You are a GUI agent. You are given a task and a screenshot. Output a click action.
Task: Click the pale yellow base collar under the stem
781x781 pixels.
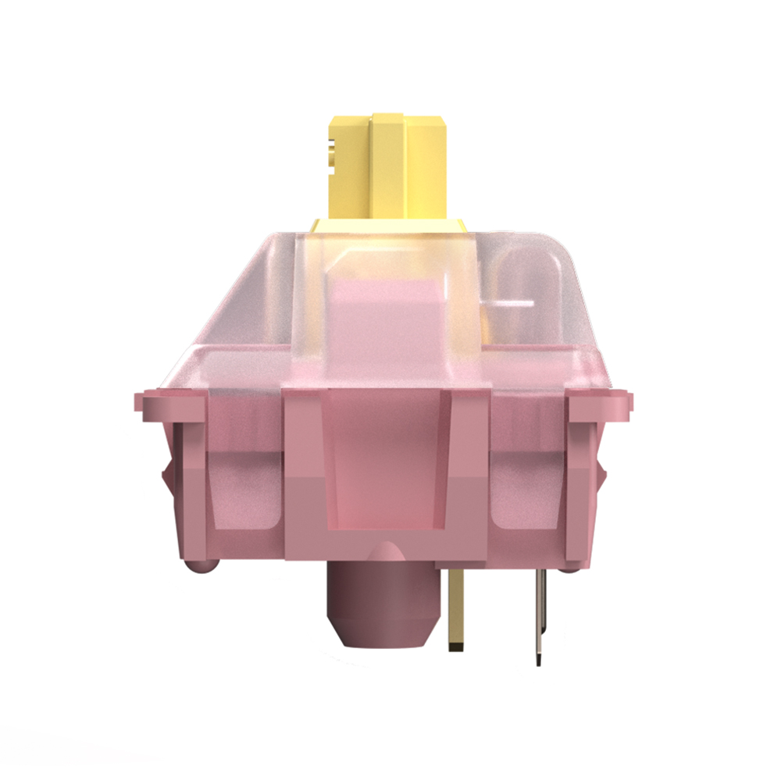(x=390, y=226)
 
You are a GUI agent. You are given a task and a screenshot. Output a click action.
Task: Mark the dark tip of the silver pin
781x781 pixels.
(x=539, y=660)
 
